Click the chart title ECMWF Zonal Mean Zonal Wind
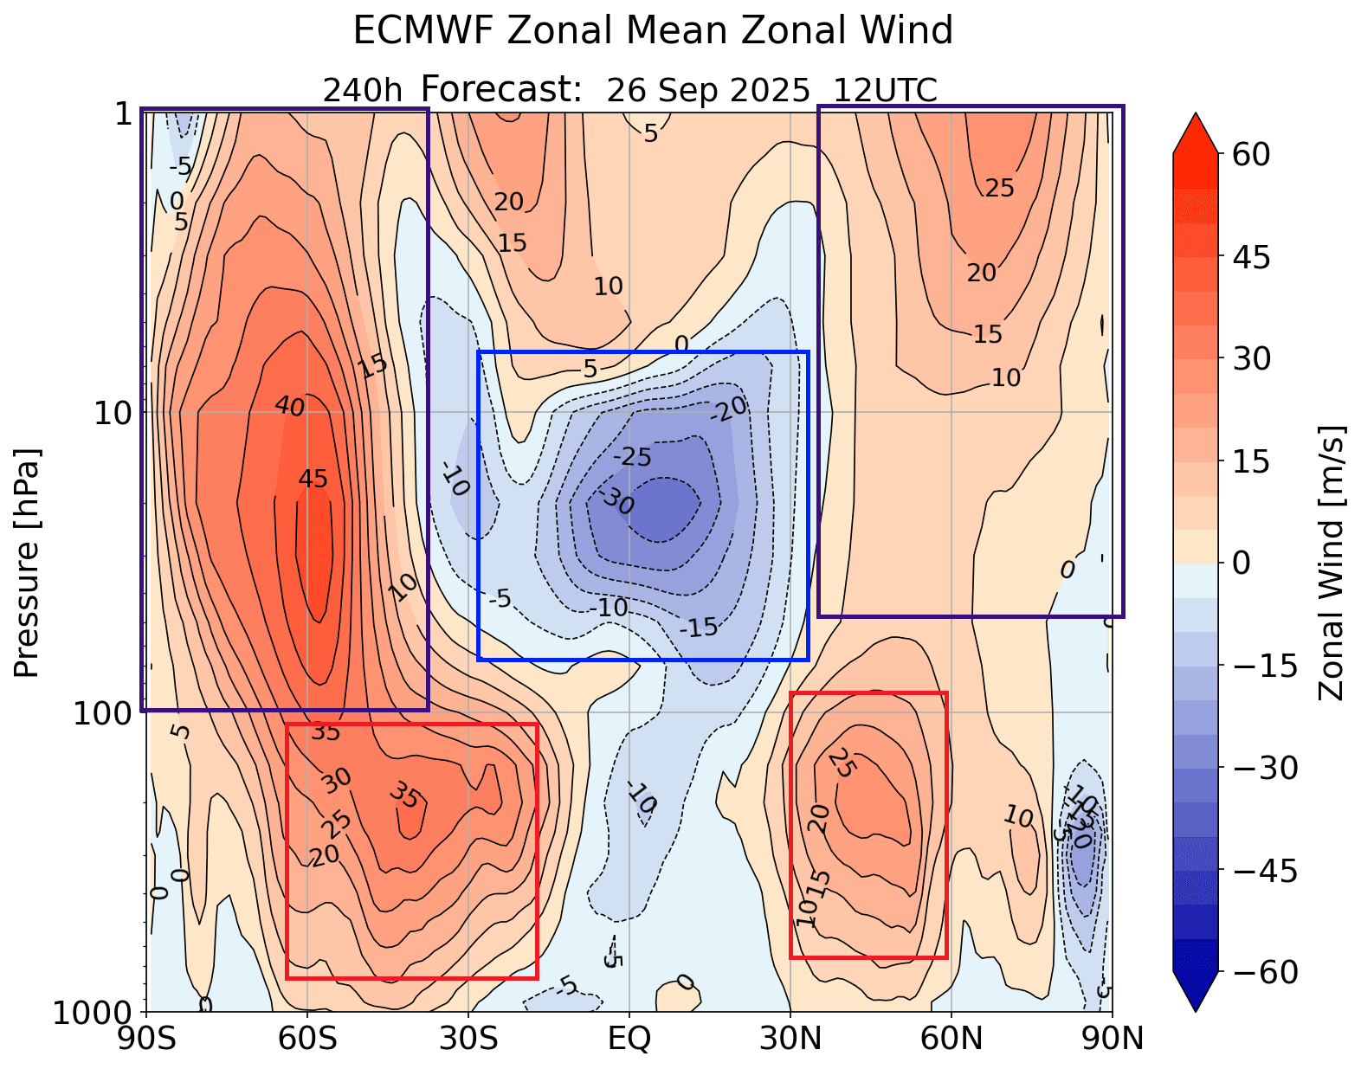click(653, 31)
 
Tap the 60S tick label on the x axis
click(307, 1038)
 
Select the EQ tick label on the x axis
click(629, 1038)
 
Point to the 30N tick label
click(790, 1038)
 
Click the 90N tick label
click(1112, 1038)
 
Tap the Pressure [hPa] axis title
click(27, 563)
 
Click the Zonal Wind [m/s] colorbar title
click(1332, 563)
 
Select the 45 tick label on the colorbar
click(1248, 257)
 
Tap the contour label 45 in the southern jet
click(313, 479)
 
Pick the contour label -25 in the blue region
click(632, 456)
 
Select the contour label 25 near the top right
click(999, 188)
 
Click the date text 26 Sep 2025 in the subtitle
click(707, 90)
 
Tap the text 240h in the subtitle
click(362, 90)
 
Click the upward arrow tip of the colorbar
click(1196, 115)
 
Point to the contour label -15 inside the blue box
click(699, 627)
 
